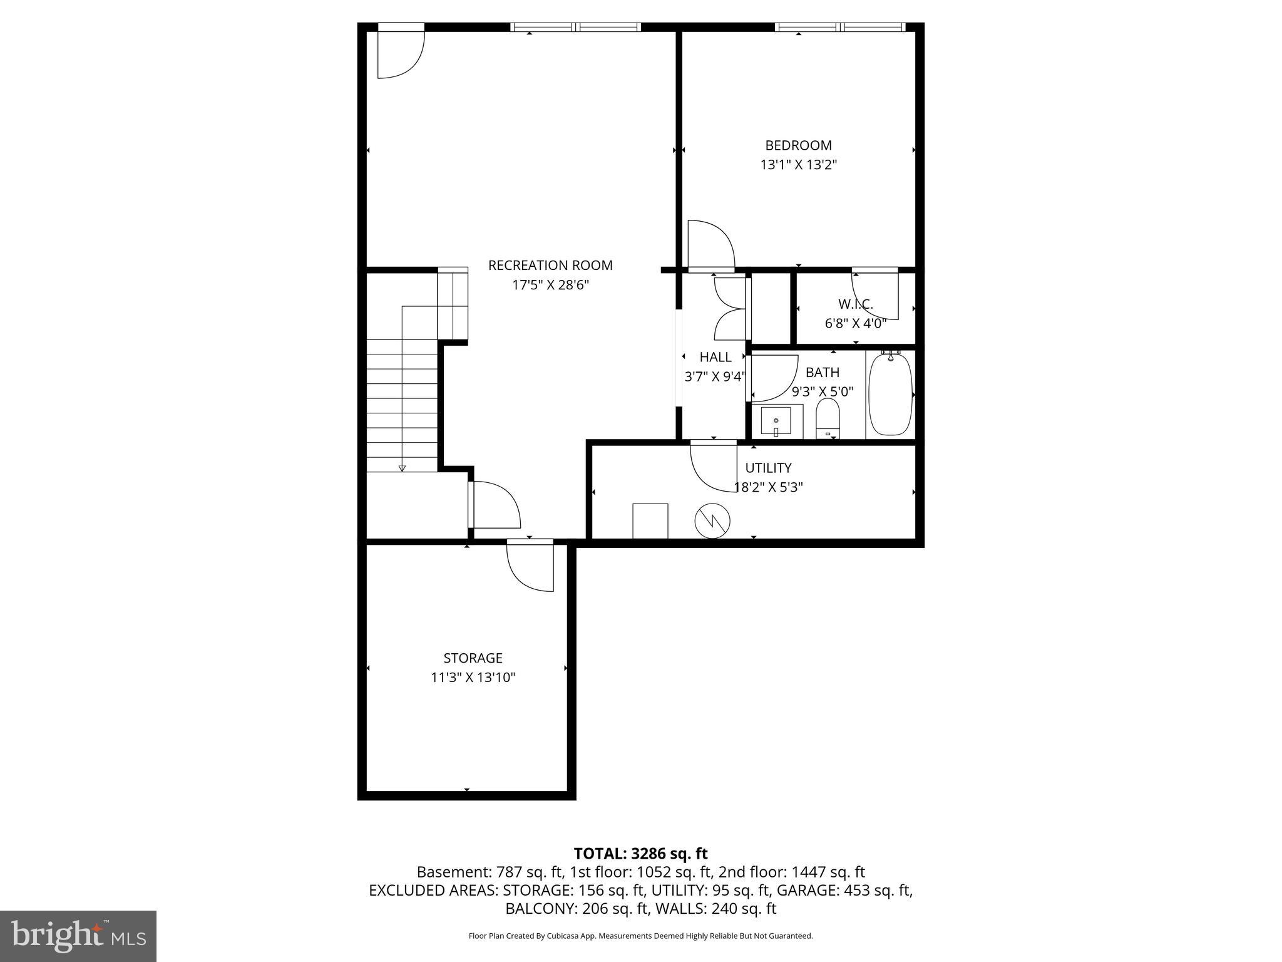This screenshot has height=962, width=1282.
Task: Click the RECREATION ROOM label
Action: [550, 266]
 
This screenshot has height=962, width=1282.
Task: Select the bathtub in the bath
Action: [891, 395]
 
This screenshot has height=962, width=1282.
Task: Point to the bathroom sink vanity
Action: [776, 422]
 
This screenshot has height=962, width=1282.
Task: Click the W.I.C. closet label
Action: [855, 304]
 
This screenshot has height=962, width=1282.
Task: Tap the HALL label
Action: [715, 357]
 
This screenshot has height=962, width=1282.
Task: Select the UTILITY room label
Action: [768, 468]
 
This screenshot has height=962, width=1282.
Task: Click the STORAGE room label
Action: [473, 658]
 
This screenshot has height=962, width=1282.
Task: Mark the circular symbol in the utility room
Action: [712, 520]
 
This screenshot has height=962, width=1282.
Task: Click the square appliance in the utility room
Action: [650, 520]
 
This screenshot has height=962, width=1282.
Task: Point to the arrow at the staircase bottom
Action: [402, 467]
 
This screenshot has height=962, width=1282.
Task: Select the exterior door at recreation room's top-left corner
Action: [401, 53]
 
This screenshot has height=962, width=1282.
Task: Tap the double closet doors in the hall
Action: [731, 308]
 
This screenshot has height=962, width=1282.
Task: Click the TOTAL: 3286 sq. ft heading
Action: [640, 854]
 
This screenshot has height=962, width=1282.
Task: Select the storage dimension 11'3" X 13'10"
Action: [473, 678]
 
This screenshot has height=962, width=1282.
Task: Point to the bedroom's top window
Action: [839, 27]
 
